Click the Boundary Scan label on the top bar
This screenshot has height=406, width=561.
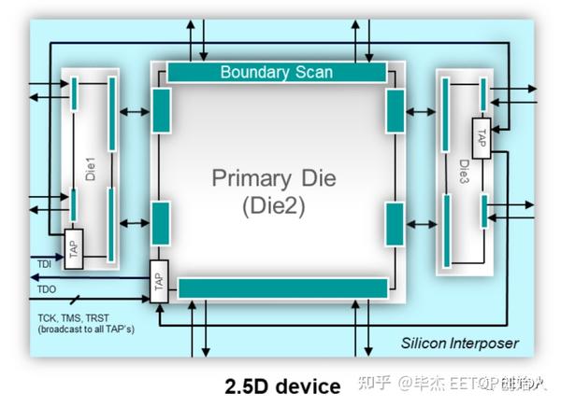coord(276,72)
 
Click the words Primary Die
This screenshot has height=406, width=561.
coord(271,177)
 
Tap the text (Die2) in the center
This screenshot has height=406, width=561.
coord(271,203)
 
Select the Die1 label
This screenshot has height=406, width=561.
coord(91,172)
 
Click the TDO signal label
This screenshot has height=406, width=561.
coord(48,289)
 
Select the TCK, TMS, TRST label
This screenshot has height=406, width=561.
coord(71,317)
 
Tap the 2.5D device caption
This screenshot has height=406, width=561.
coord(282,385)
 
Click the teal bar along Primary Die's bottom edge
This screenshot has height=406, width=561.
coord(282,287)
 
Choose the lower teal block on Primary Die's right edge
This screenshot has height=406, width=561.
coord(394,222)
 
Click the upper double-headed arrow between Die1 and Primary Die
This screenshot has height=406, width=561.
coord(133,112)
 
